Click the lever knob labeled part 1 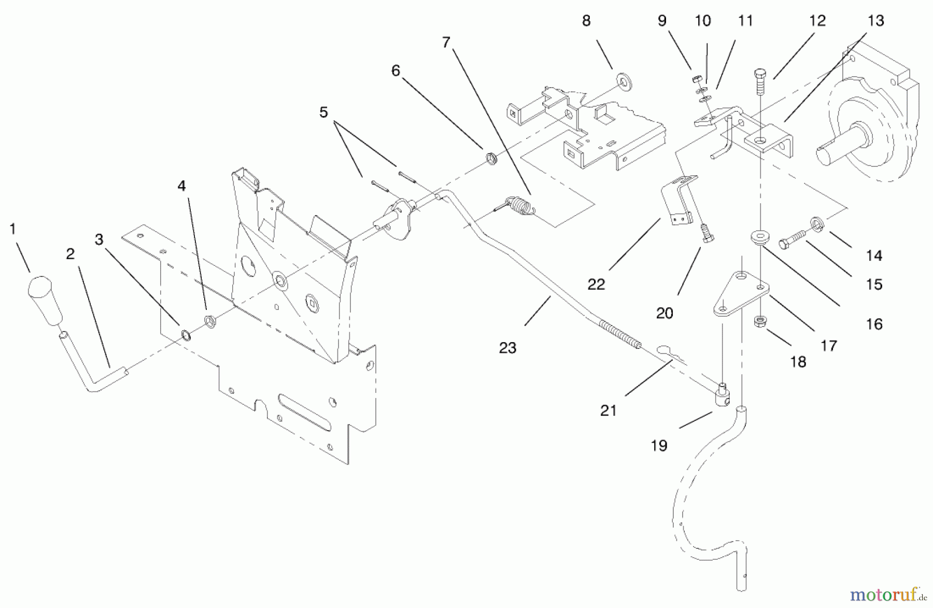[45, 301]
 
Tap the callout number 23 [507, 348]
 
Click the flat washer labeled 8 [624, 81]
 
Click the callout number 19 [659, 445]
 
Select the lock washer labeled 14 [817, 223]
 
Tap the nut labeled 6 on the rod [491, 158]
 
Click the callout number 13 [875, 21]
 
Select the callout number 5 [323, 112]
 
